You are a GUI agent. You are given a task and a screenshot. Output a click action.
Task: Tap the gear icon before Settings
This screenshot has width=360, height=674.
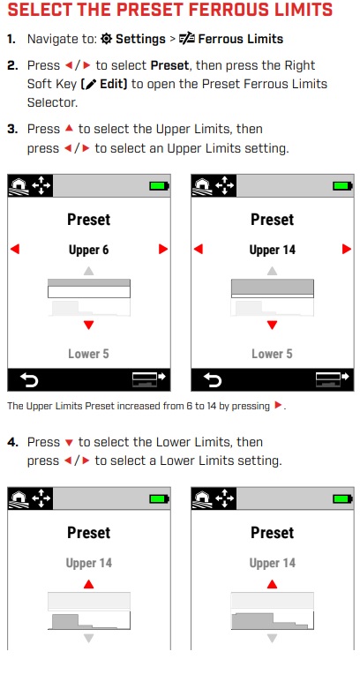[x=106, y=39]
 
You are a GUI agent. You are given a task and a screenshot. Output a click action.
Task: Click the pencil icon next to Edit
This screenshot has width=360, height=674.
[x=90, y=85]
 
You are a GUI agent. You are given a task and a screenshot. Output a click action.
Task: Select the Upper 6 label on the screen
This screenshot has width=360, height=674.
[x=88, y=250]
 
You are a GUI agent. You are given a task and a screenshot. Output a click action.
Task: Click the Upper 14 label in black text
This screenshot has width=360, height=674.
[x=273, y=250]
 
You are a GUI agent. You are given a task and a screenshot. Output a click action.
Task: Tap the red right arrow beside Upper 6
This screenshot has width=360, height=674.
[x=163, y=249]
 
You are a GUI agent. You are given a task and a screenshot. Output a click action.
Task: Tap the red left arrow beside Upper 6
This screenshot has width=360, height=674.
[x=15, y=249]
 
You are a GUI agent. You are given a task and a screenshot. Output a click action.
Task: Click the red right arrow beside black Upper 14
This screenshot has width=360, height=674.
[x=347, y=249]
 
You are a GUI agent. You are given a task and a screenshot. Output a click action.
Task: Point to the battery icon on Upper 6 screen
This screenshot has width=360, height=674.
[x=159, y=186]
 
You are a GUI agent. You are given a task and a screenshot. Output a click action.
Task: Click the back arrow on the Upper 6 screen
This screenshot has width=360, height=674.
[x=29, y=380]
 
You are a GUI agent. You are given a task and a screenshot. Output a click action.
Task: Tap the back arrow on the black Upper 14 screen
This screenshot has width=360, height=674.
[x=213, y=380]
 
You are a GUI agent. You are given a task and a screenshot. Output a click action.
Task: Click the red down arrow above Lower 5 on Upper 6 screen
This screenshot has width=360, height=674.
[x=88, y=325]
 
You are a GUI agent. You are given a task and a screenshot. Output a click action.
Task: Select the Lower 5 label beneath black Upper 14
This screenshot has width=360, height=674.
[x=272, y=354]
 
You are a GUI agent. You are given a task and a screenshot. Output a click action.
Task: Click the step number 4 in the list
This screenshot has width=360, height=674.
[x=12, y=442]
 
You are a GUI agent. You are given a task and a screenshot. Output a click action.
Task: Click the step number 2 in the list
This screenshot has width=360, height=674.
[x=12, y=66]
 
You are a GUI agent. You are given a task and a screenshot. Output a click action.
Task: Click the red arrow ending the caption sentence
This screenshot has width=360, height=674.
[x=278, y=405]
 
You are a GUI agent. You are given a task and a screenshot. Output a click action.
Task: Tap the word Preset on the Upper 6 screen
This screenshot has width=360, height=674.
[x=88, y=220]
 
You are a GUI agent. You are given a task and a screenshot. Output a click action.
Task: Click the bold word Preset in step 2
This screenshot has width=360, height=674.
[x=169, y=66]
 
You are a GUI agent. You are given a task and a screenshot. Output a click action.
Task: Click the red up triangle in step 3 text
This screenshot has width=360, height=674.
[x=69, y=129]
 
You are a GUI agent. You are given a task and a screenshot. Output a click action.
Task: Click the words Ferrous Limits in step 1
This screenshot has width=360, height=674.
[x=240, y=39]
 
